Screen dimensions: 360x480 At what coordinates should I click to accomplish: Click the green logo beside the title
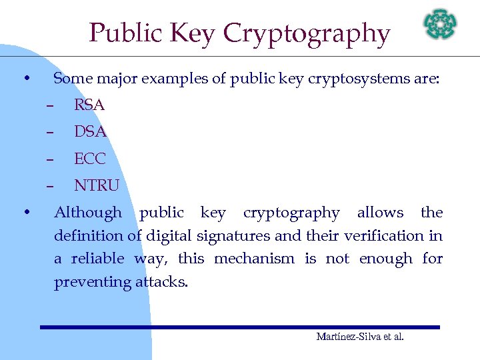[441, 25]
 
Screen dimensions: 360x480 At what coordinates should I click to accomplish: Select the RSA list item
[89, 105]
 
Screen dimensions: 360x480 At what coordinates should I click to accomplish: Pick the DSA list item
[90, 132]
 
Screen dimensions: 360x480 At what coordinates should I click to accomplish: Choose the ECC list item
[90, 159]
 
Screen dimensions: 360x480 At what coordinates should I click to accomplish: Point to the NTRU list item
[97, 185]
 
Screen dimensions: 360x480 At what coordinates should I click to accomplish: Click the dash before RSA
[49, 105]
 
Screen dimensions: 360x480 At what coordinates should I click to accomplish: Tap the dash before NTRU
[49, 186]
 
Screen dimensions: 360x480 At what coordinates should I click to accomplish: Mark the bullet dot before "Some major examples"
[25, 79]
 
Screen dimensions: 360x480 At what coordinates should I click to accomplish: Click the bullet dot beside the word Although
[25, 213]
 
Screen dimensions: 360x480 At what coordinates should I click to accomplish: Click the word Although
[88, 213]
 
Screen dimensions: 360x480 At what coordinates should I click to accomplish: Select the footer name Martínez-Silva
[344, 337]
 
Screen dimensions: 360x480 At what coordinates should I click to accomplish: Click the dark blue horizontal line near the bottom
[240, 327]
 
